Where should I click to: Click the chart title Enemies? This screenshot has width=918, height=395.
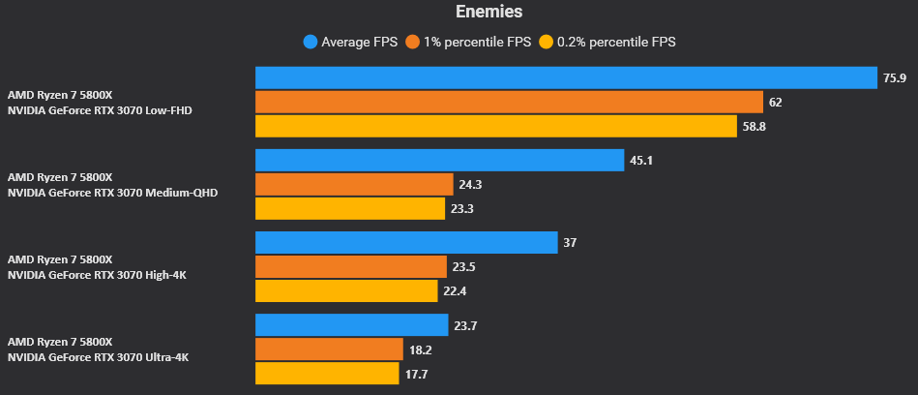click(x=489, y=13)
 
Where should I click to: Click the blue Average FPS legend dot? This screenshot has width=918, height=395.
click(x=311, y=42)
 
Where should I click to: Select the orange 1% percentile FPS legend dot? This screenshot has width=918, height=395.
click(x=413, y=42)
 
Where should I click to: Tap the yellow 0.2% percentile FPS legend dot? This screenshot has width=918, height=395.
click(x=546, y=42)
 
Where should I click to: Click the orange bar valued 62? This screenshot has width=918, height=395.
click(x=509, y=102)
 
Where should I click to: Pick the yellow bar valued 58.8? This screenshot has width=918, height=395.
click(x=496, y=126)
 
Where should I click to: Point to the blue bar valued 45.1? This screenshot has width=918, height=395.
click(x=439, y=160)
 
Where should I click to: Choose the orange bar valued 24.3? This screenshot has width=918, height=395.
click(x=354, y=184)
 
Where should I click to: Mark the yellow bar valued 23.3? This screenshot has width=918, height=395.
click(x=350, y=208)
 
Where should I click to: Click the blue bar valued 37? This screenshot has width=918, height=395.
click(x=406, y=242)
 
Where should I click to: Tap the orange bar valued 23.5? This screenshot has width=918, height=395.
click(x=351, y=266)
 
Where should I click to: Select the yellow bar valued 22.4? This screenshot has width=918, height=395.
click(x=346, y=290)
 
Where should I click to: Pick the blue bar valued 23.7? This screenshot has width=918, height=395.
click(x=352, y=324)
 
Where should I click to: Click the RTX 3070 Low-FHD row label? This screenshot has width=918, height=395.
click(x=100, y=103)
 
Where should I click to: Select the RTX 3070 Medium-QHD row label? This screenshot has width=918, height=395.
click(x=112, y=185)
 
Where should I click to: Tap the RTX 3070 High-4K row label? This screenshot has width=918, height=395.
click(x=97, y=267)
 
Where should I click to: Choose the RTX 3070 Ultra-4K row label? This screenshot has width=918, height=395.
click(x=98, y=349)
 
